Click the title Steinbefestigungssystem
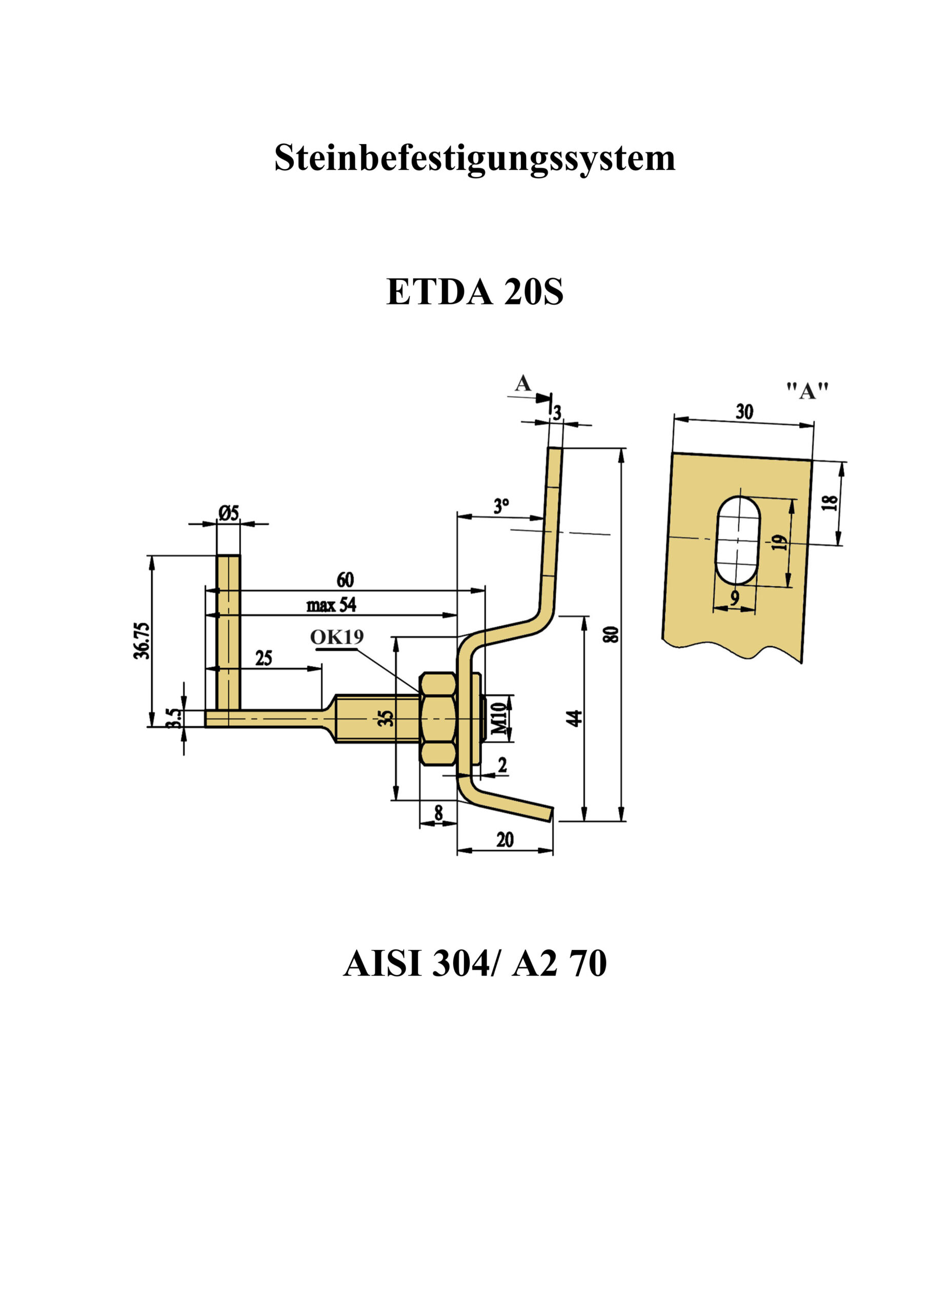click(475, 158)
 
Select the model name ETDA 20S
click(475, 292)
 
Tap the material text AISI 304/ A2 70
click(475, 963)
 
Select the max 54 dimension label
click(332, 605)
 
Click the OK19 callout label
click(337, 636)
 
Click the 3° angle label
click(501, 506)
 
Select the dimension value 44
click(574, 718)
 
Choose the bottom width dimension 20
click(505, 840)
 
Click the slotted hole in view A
click(738, 541)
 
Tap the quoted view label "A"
click(807, 391)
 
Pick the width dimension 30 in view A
click(744, 411)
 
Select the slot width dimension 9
click(735, 598)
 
